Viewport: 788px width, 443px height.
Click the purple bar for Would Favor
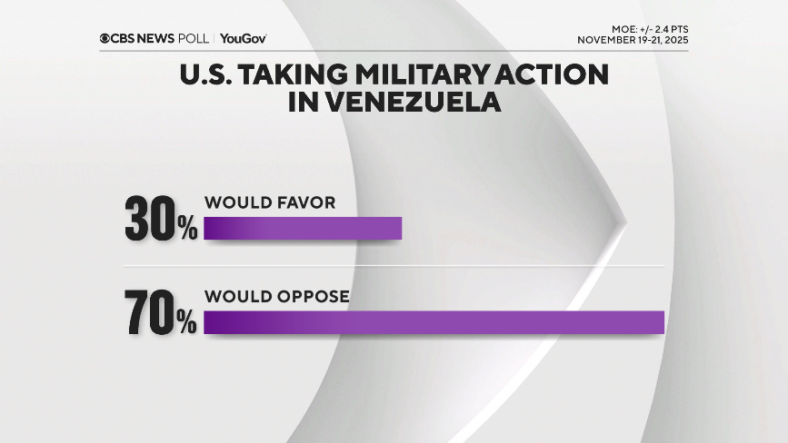(303, 228)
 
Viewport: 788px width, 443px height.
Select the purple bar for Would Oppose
(434, 322)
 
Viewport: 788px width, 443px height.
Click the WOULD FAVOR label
(270, 202)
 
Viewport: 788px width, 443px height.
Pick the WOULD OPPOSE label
(277, 297)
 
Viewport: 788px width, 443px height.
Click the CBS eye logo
(105, 38)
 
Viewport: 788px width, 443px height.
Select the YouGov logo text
(244, 38)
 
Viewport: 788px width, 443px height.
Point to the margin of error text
(646, 29)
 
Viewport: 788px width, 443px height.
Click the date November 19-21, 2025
(633, 40)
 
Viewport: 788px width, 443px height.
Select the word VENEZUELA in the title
(394, 103)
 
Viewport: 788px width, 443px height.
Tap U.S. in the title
(206, 74)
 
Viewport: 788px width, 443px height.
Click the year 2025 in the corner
(673, 40)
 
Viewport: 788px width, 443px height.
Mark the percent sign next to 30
(187, 229)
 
